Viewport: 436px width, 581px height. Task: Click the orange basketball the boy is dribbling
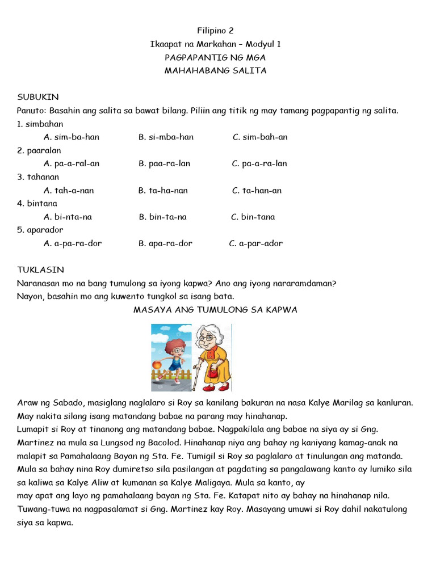point(156,363)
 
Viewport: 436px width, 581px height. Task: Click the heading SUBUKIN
point(38,97)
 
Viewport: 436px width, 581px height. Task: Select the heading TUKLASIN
point(40,270)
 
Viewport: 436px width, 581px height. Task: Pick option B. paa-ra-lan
point(164,163)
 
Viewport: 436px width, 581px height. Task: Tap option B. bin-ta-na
point(162,217)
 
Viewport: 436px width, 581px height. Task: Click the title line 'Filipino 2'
point(215,31)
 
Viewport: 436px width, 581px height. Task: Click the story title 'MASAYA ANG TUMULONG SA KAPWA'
point(215,310)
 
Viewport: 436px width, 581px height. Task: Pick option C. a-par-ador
point(255,243)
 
